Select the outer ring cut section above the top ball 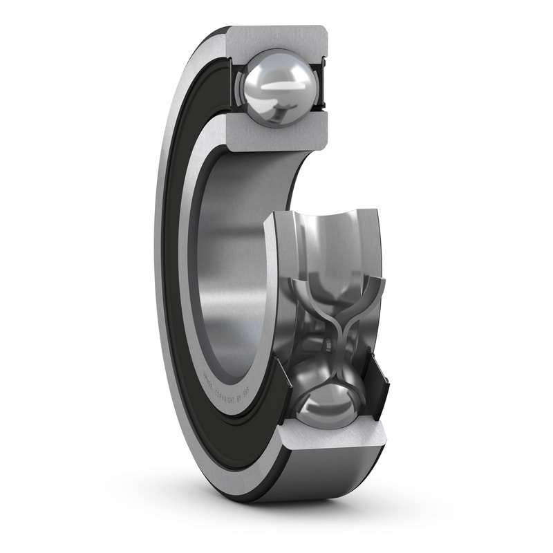click(276, 38)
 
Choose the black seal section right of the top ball click(321, 87)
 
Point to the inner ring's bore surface click(228, 263)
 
